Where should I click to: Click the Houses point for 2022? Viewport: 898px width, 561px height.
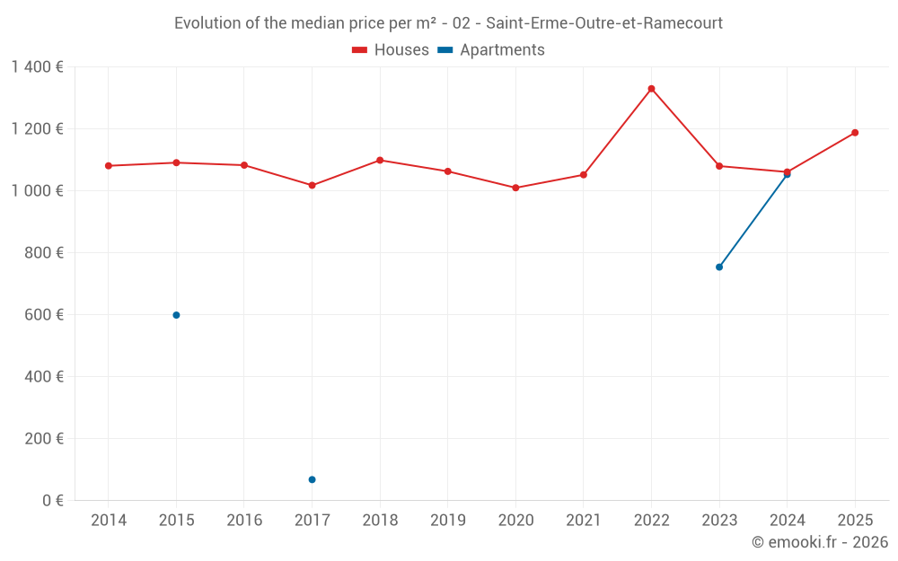(x=651, y=89)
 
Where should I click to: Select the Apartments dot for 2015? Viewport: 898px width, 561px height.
(x=176, y=315)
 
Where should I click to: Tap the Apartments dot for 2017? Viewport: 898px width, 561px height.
(x=312, y=479)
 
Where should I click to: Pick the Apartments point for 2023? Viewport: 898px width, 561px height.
(x=719, y=267)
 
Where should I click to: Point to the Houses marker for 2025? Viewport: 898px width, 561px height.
(x=855, y=133)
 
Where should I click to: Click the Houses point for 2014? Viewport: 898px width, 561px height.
(x=109, y=166)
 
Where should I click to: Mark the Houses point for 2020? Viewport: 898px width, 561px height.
(x=515, y=188)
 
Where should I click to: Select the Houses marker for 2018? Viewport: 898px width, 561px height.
(x=380, y=160)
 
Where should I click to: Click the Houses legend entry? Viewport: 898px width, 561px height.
(x=390, y=50)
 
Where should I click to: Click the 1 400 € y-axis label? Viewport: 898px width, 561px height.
(x=37, y=67)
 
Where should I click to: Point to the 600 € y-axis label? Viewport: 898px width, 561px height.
(x=45, y=315)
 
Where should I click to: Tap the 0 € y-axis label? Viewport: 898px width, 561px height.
(x=53, y=500)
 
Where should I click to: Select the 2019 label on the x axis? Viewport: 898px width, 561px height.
(x=447, y=521)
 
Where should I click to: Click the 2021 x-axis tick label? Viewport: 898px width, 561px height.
(x=583, y=521)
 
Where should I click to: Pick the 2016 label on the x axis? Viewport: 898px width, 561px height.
(x=244, y=521)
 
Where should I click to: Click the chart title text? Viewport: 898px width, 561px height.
(x=448, y=23)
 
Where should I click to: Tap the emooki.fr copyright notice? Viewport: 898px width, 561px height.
(x=819, y=542)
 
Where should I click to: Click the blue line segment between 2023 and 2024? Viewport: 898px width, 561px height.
(x=753, y=220)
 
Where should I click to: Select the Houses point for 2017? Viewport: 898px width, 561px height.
(x=312, y=185)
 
